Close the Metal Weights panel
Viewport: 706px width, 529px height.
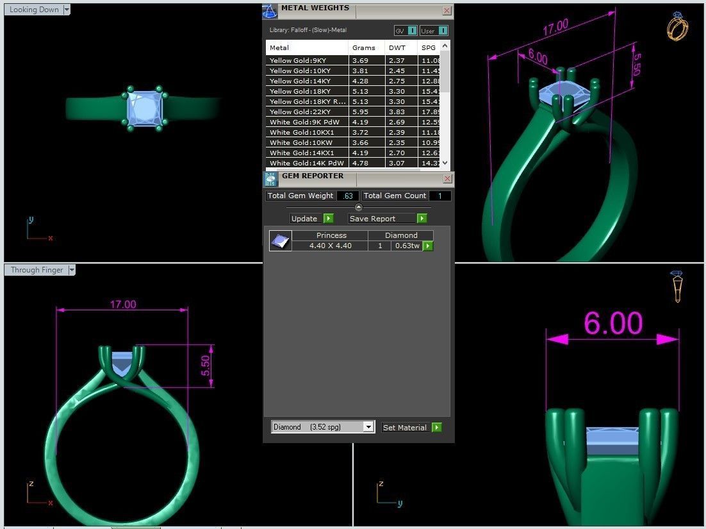point(447,10)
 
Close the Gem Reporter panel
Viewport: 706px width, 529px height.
point(447,178)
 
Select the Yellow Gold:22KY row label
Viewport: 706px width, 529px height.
point(300,112)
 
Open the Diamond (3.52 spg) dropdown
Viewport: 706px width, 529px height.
point(368,427)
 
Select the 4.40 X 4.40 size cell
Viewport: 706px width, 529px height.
point(330,246)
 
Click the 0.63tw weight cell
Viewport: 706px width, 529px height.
point(407,246)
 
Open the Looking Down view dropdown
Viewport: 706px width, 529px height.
point(67,10)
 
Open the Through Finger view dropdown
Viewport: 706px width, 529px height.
point(72,270)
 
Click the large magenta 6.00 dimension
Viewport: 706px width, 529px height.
point(612,324)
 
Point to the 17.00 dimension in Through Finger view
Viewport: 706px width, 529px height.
point(122,304)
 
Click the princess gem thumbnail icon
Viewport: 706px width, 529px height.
point(280,241)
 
